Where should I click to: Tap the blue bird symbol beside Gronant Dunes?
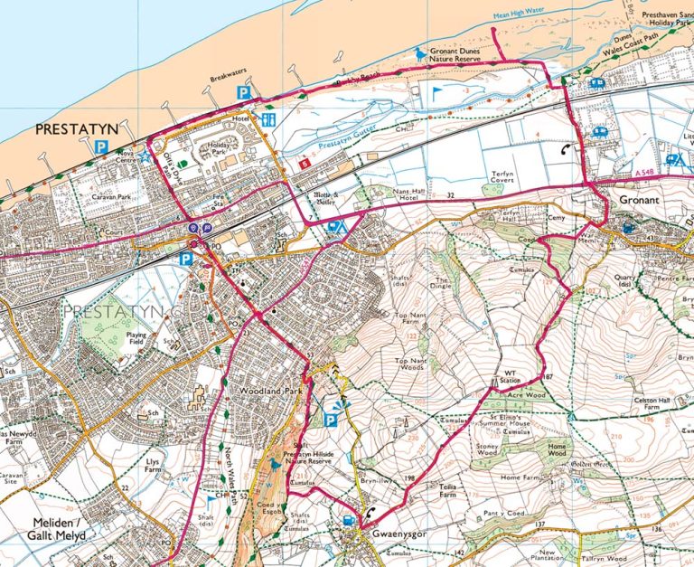pyautogui.click(x=418, y=53)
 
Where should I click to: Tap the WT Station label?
pyautogui.click(x=513, y=380)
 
